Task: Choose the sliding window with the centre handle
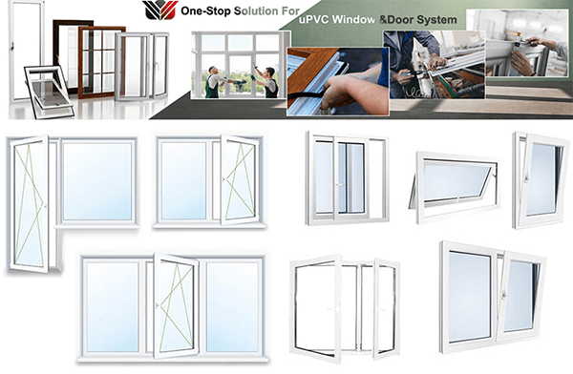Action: coord(346,178)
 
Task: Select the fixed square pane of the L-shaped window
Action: coord(97,181)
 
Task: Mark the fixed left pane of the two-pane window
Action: coord(183,179)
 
